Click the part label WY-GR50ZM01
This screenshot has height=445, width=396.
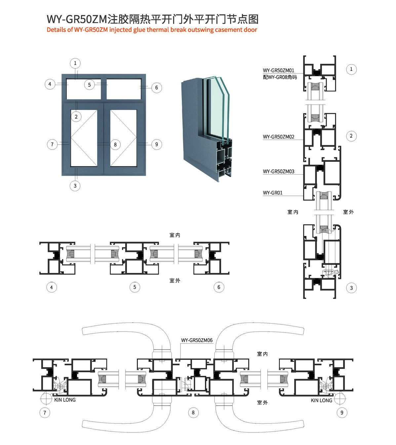(x=278, y=70)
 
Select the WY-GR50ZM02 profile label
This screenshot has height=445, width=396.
(x=279, y=137)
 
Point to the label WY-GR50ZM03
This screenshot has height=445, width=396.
(x=279, y=171)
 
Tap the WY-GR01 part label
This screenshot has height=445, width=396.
(x=273, y=193)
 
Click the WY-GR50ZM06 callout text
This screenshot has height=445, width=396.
(x=197, y=340)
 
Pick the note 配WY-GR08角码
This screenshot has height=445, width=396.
(x=280, y=77)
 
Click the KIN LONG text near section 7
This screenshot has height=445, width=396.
(x=65, y=400)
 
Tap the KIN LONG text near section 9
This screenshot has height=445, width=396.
(x=321, y=400)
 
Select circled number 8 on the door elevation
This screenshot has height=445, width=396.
(x=115, y=145)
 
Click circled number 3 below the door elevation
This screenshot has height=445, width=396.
(x=75, y=186)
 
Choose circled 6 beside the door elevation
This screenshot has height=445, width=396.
(x=156, y=88)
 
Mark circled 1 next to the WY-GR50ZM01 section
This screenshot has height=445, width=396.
(x=351, y=69)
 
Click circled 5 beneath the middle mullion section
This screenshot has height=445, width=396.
(x=135, y=287)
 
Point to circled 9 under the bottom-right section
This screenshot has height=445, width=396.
(x=342, y=413)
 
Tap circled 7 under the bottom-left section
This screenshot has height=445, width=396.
(x=45, y=413)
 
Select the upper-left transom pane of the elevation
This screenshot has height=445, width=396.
(x=84, y=89)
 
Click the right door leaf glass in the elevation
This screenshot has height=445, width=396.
(x=123, y=138)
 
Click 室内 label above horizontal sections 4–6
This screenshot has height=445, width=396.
(x=175, y=235)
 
